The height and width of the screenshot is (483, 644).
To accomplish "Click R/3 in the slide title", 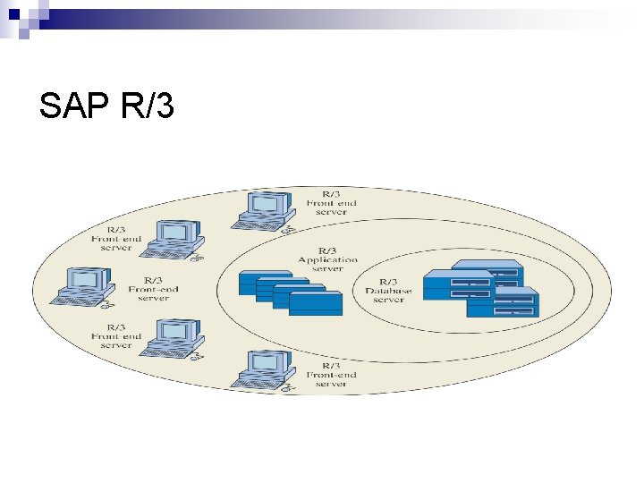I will [x=146, y=107].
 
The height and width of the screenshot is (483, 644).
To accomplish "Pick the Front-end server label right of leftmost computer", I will [x=153, y=290].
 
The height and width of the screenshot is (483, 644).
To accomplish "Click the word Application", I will [x=327, y=259].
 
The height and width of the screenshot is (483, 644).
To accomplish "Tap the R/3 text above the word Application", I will [x=327, y=250].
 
